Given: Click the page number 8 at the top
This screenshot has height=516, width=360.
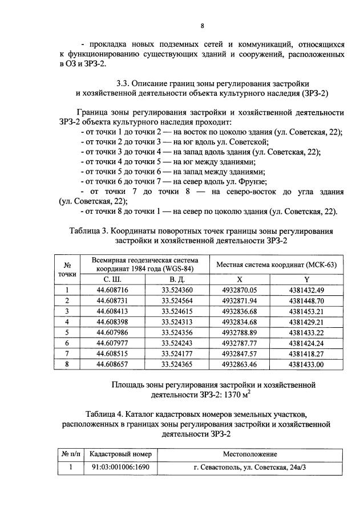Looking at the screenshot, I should click(203, 26).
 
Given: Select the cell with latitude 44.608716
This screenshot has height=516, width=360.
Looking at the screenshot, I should click(112, 290).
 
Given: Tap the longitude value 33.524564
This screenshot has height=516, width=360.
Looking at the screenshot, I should click(177, 300).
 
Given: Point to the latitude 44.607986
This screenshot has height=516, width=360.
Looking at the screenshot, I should click(112, 332).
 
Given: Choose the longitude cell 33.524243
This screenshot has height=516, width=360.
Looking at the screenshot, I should click(177, 343).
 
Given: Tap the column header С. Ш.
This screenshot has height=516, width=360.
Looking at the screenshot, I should click(112, 279).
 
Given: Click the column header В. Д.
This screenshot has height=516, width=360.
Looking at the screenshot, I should click(177, 279).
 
